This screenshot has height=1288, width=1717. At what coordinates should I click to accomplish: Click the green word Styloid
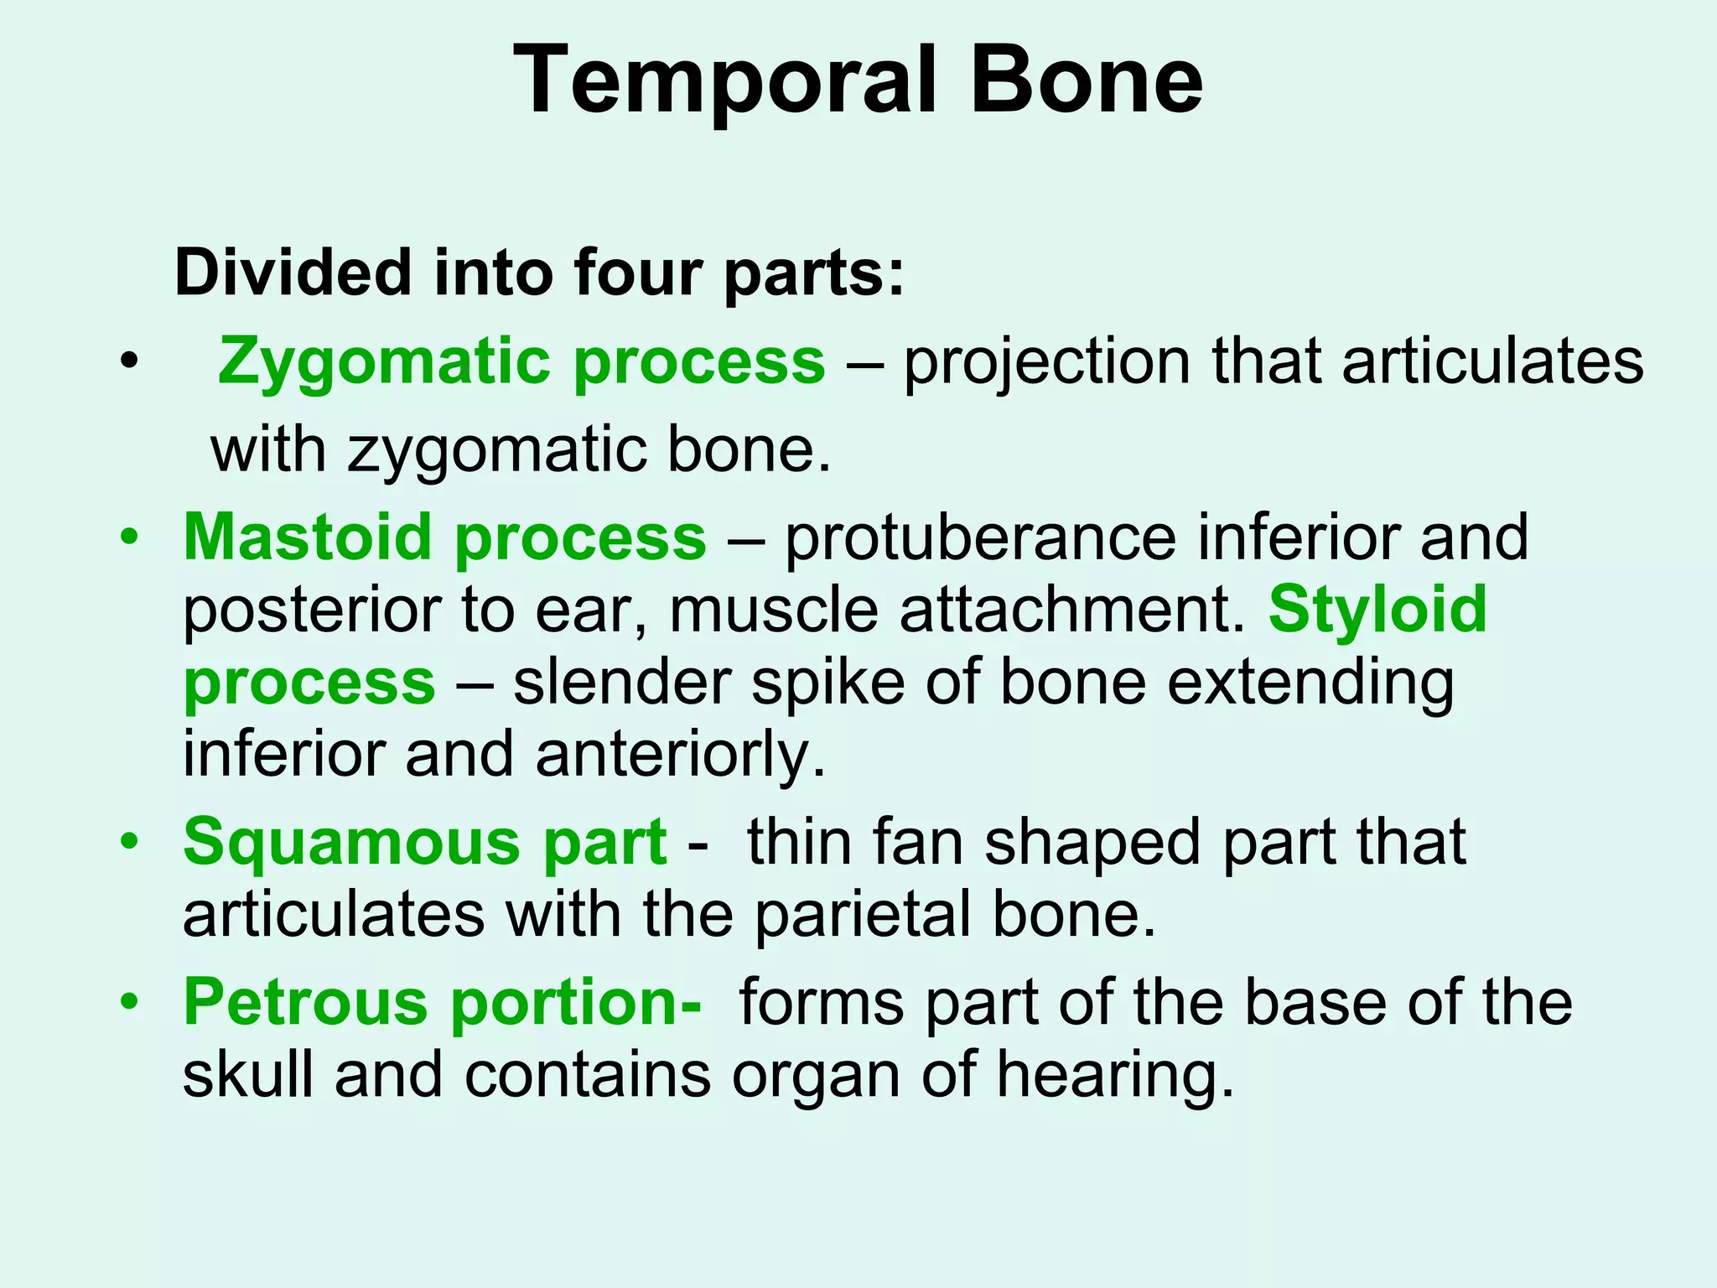[x=1377, y=609]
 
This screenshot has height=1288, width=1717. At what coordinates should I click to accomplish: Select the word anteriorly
[x=679, y=753]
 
